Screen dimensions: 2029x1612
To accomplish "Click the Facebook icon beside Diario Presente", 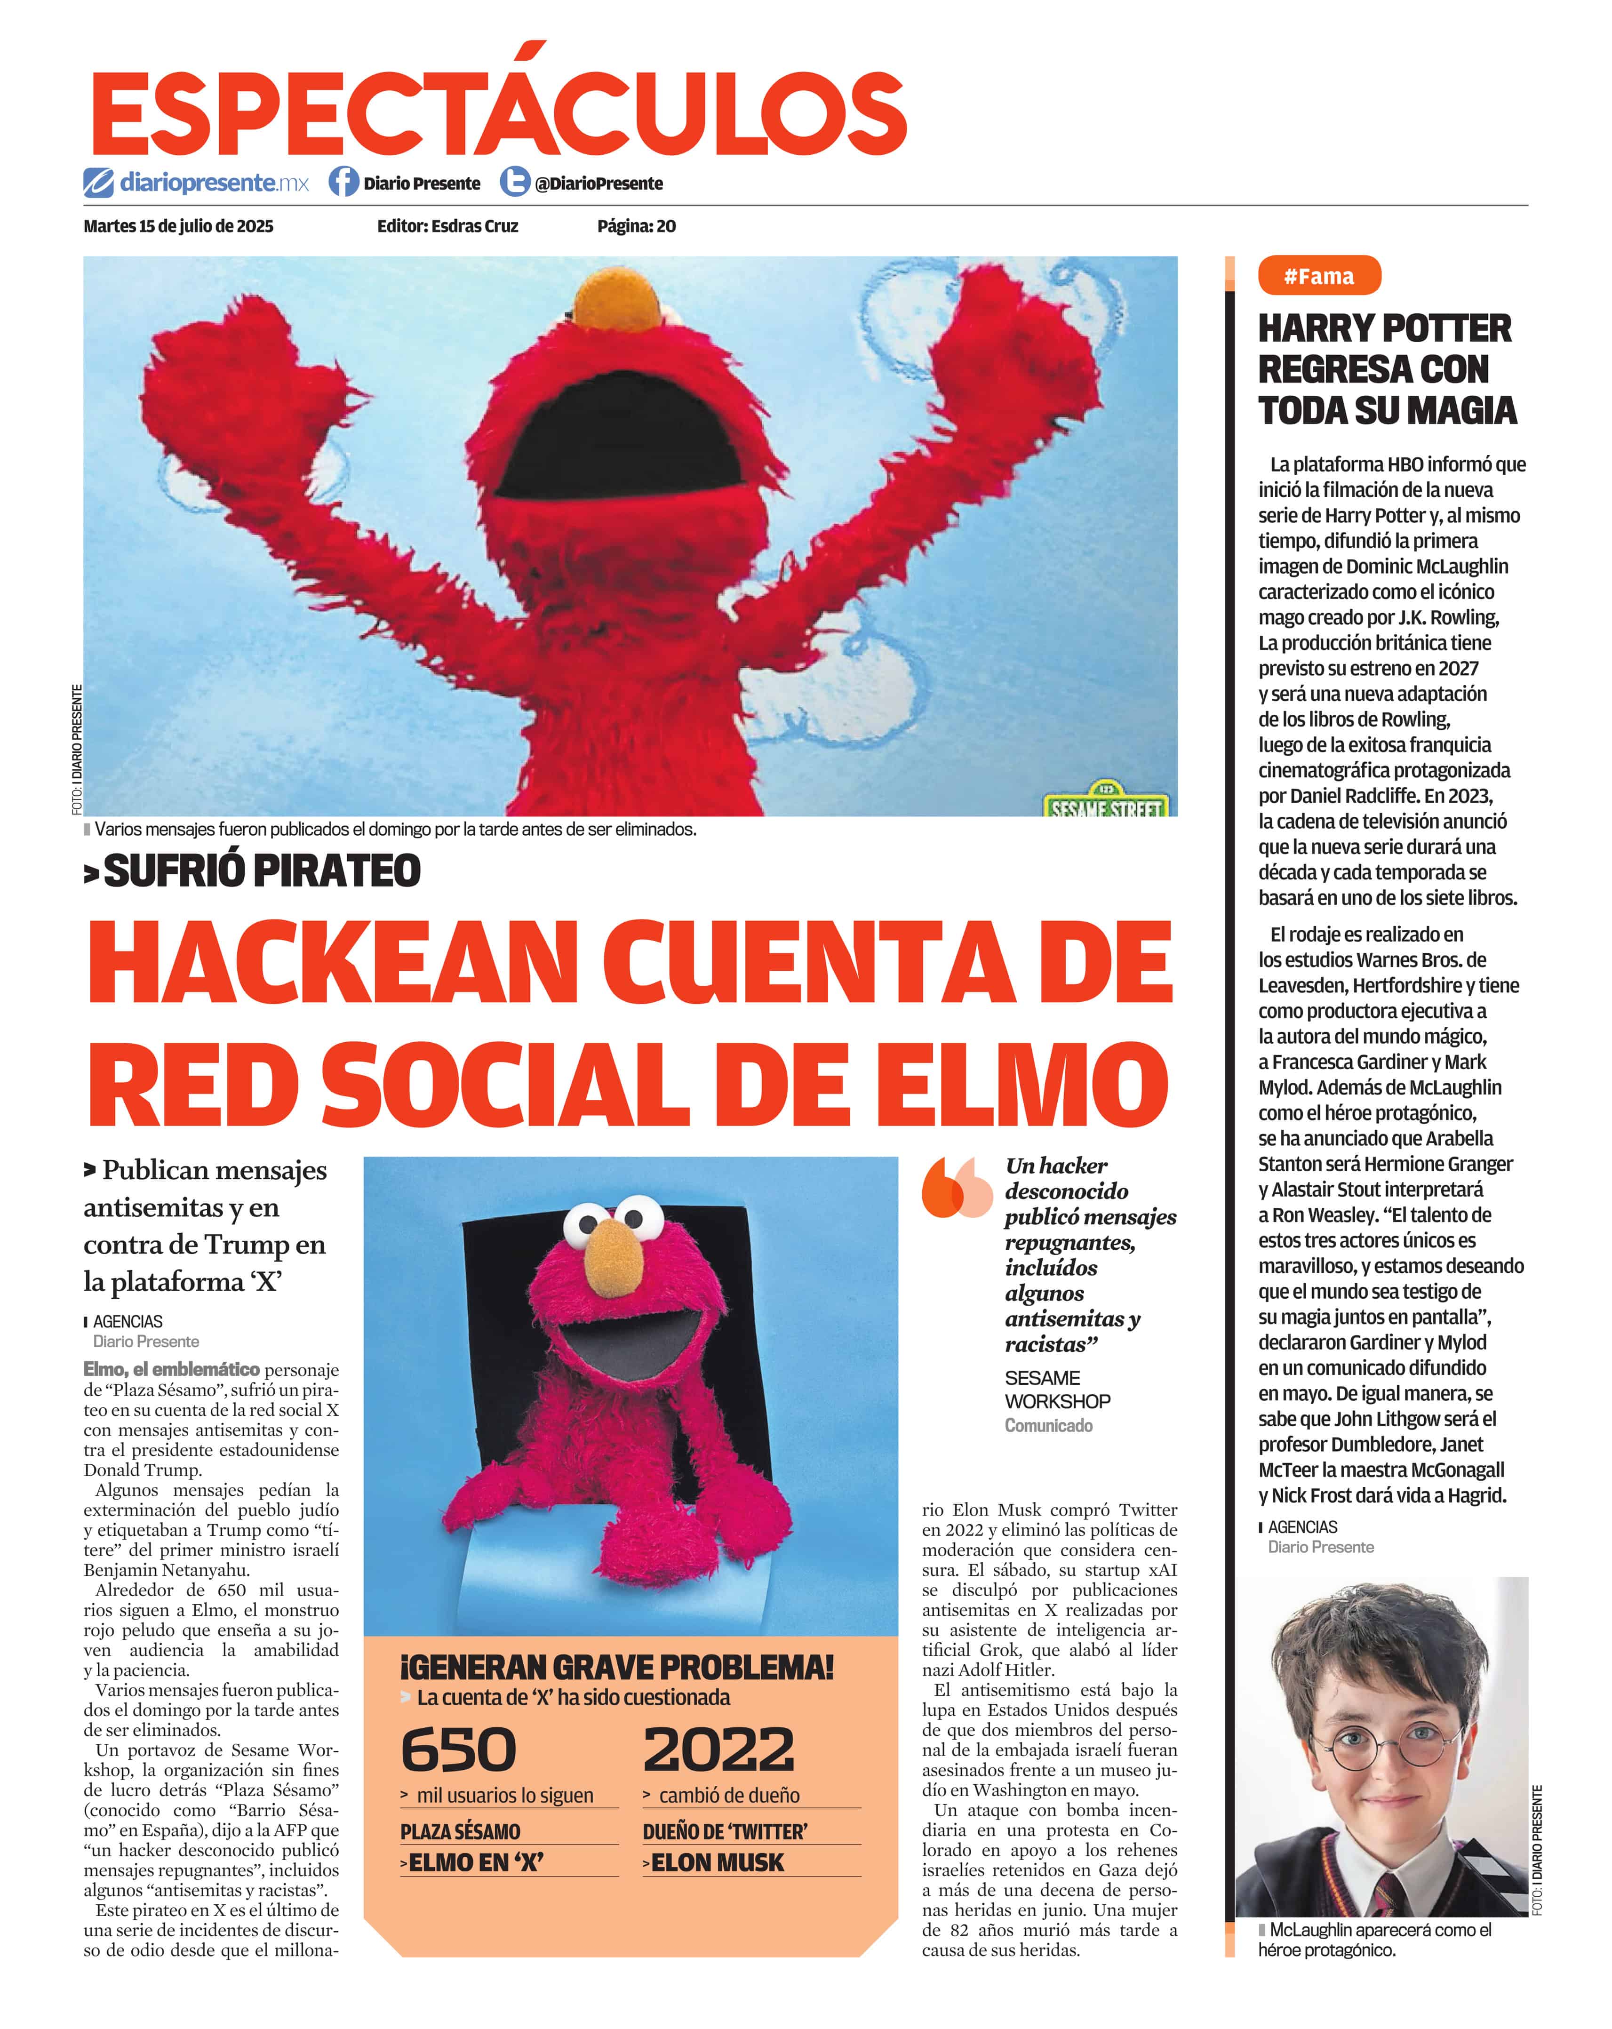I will [x=343, y=182].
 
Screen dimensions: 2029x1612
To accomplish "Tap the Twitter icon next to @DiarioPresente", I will [x=514, y=182].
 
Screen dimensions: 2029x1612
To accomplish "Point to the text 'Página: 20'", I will [x=636, y=226].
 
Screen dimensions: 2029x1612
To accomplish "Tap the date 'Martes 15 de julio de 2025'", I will [x=179, y=226].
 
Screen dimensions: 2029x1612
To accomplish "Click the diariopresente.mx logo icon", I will [x=98, y=182].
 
